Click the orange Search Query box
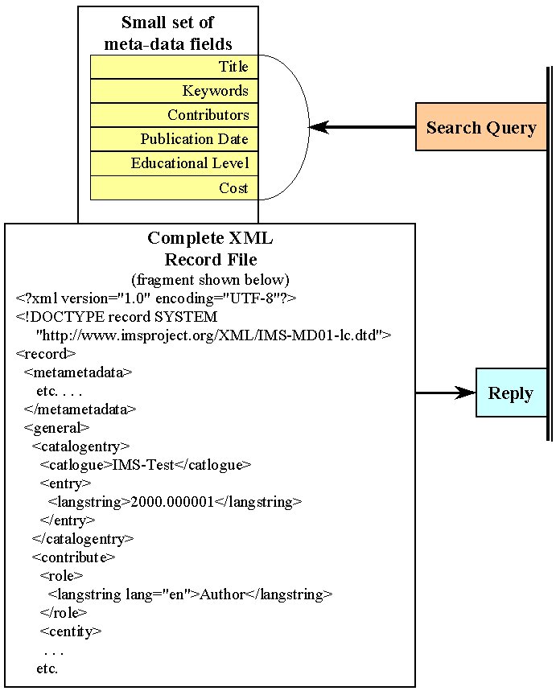480,127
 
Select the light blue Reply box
510,393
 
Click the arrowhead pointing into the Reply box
466,393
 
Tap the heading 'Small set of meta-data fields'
168,33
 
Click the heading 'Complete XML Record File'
210,249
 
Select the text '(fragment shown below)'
210,280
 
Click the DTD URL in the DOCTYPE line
213,334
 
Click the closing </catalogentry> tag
83,538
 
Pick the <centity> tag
71,631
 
